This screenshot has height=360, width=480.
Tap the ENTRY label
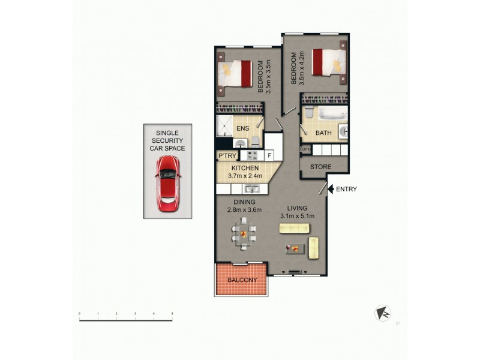click(346, 189)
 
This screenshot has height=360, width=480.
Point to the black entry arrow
click(330, 189)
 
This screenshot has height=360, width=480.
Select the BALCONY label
click(242, 280)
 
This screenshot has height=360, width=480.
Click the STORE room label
click(322, 167)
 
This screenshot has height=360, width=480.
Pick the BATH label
click(323, 133)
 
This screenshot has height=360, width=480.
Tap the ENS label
click(242, 128)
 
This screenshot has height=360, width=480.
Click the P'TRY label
click(227, 156)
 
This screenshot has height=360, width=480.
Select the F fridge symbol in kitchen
click(270, 156)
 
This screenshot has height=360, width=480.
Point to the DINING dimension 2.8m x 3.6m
click(244, 210)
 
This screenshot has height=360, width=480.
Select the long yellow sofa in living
click(294, 228)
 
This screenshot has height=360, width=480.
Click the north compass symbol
click(382, 313)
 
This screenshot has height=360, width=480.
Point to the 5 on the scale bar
click(172, 314)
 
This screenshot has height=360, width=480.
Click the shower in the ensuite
click(226, 127)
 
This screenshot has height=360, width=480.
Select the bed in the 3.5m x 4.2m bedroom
click(329, 61)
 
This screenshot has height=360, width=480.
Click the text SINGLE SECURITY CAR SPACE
click(167, 140)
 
